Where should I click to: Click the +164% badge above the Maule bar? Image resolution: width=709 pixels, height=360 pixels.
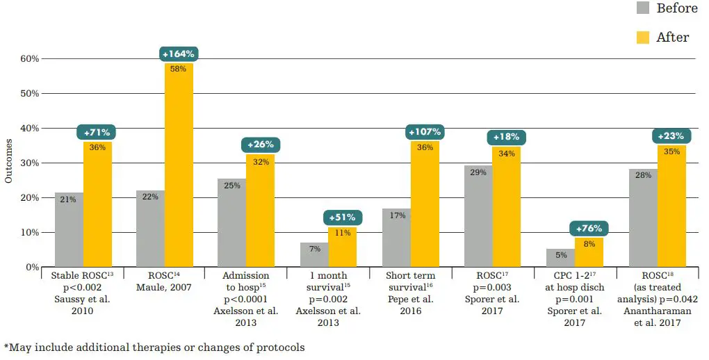[179, 54]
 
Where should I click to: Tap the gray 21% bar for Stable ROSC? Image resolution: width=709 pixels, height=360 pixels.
[69, 230]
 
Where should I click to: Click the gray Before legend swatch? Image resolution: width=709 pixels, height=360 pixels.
[643, 8]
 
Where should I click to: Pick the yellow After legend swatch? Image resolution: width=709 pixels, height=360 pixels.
[643, 37]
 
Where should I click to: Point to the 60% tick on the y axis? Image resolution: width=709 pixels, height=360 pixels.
[29, 58]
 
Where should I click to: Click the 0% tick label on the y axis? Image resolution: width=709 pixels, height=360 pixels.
[32, 267]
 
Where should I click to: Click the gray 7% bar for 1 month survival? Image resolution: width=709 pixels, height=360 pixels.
[314, 254]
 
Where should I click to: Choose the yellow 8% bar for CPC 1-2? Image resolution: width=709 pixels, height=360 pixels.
[589, 252]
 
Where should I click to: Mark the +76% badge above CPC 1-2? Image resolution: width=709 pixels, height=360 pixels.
[589, 229]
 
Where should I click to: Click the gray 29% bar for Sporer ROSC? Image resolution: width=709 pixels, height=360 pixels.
[478, 216]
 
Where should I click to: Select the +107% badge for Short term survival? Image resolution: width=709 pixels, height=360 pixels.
[425, 132]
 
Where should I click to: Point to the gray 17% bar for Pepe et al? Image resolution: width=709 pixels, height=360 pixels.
[396, 238]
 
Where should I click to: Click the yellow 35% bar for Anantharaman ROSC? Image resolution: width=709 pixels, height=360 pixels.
[671, 206]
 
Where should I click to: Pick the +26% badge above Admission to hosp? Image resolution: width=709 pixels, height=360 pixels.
[261, 145]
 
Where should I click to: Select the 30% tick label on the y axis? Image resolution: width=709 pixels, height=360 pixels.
[29, 163]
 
